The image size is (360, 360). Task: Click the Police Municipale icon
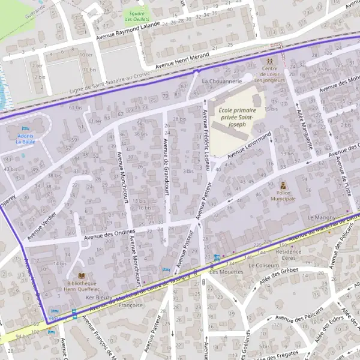pos(283,185)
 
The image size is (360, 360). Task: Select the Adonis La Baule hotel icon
pos(25,129)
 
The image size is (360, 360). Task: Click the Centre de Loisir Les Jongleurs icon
pos(269,62)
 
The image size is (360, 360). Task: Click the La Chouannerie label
pos(222,80)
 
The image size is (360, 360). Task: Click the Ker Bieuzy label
pos(100,297)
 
